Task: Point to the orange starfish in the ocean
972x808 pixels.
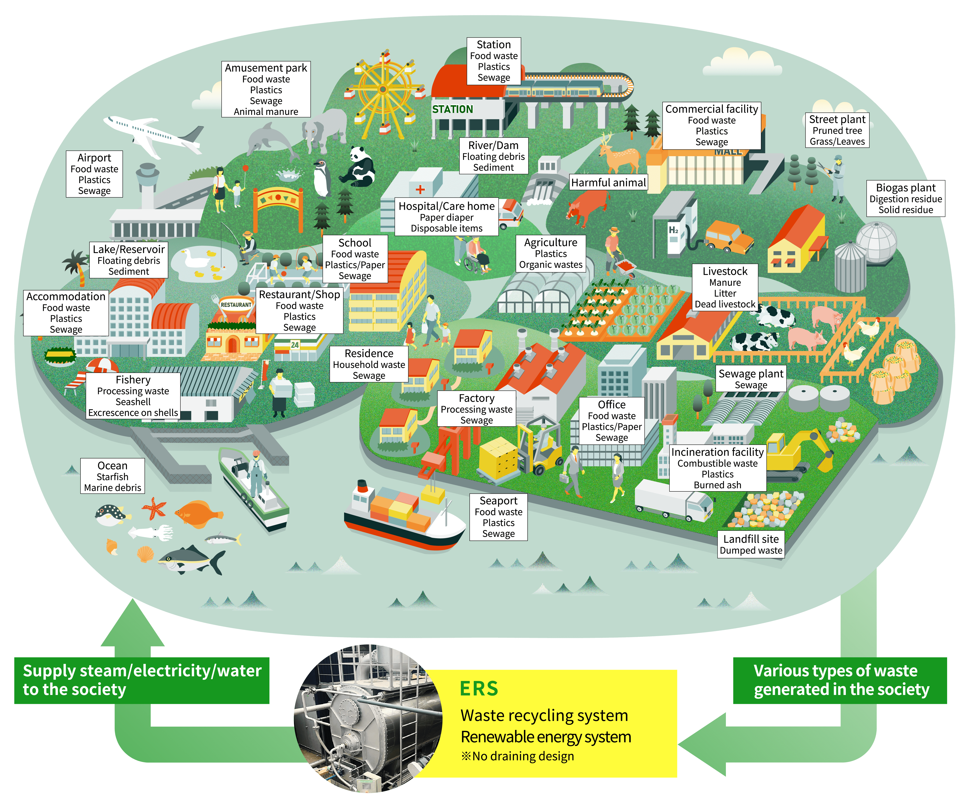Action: pyautogui.click(x=154, y=508)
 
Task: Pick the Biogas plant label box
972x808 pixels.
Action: pyautogui.click(x=905, y=199)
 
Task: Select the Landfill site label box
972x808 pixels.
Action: pyautogui.click(x=751, y=544)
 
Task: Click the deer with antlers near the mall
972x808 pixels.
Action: pyautogui.click(x=618, y=153)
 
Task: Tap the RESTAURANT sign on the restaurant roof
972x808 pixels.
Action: pyautogui.click(x=236, y=305)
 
